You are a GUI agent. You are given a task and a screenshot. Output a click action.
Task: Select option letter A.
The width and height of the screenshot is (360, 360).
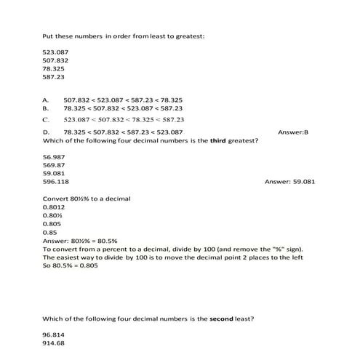(46, 100)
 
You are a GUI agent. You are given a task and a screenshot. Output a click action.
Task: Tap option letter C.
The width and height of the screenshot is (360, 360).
(46, 119)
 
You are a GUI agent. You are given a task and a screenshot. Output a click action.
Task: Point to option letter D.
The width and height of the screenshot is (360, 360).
(46, 132)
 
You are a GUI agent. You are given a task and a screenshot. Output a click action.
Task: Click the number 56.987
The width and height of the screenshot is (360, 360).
(54, 157)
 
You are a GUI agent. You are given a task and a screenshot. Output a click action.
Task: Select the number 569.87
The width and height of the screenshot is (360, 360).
(54, 165)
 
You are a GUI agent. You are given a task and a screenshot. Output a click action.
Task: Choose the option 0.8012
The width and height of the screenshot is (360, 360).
(54, 207)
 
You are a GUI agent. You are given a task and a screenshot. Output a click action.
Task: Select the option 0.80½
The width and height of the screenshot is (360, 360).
(52, 215)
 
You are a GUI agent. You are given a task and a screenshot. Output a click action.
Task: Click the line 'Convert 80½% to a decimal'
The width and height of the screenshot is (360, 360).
(87, 199)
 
